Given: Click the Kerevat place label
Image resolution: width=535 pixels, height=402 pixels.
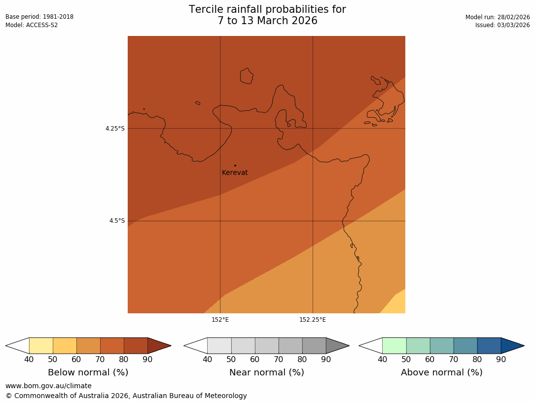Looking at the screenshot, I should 235,173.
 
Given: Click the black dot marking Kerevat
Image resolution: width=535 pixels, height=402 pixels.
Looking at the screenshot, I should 235,166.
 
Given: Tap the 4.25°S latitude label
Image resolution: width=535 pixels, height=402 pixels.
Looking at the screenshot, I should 115,129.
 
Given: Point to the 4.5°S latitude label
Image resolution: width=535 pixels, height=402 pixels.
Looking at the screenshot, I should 117,221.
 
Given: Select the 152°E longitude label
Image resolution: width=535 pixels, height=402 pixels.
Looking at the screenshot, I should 220,320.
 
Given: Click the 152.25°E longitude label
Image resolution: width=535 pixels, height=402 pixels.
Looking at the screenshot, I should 313,320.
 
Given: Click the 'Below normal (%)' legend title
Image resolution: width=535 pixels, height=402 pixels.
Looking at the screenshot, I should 88,372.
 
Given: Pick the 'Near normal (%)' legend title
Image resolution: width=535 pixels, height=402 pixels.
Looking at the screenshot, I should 266,372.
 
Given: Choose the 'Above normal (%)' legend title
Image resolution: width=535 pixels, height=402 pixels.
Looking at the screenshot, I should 441,372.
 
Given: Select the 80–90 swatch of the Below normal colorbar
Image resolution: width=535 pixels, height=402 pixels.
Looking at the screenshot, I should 136,345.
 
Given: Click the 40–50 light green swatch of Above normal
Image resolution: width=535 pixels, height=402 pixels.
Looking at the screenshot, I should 394,345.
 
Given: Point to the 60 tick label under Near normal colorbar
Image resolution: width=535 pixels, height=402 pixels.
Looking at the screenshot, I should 254,359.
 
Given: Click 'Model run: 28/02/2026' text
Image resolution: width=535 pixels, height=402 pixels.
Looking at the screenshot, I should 498,17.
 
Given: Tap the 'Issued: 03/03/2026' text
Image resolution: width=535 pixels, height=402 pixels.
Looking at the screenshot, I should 502,25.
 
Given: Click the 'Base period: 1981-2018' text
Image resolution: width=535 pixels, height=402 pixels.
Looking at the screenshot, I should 39,17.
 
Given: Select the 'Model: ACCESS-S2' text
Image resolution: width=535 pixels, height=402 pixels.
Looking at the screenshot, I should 32,25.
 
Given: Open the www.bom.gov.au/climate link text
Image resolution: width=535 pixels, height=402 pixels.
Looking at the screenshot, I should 48,386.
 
